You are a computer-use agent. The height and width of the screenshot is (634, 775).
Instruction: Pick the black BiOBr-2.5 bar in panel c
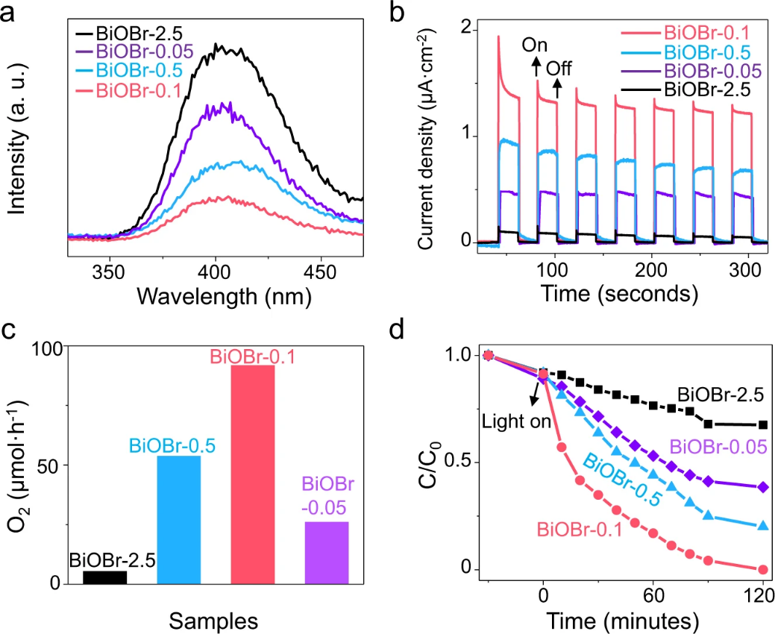click(x=104, y=577)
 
